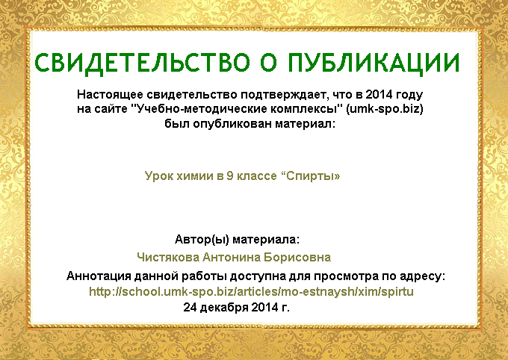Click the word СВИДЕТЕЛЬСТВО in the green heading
(142, 63)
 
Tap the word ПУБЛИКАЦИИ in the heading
(374, 63)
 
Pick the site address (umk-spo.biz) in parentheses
(385, 109)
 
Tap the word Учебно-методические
(198, 109)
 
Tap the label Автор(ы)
(202, 240)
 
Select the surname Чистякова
(168, 257)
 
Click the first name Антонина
(232, 257)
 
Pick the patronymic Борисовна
(297, 257)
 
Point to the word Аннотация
(99, 276)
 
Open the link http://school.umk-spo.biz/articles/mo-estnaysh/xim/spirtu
(252, 291)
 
